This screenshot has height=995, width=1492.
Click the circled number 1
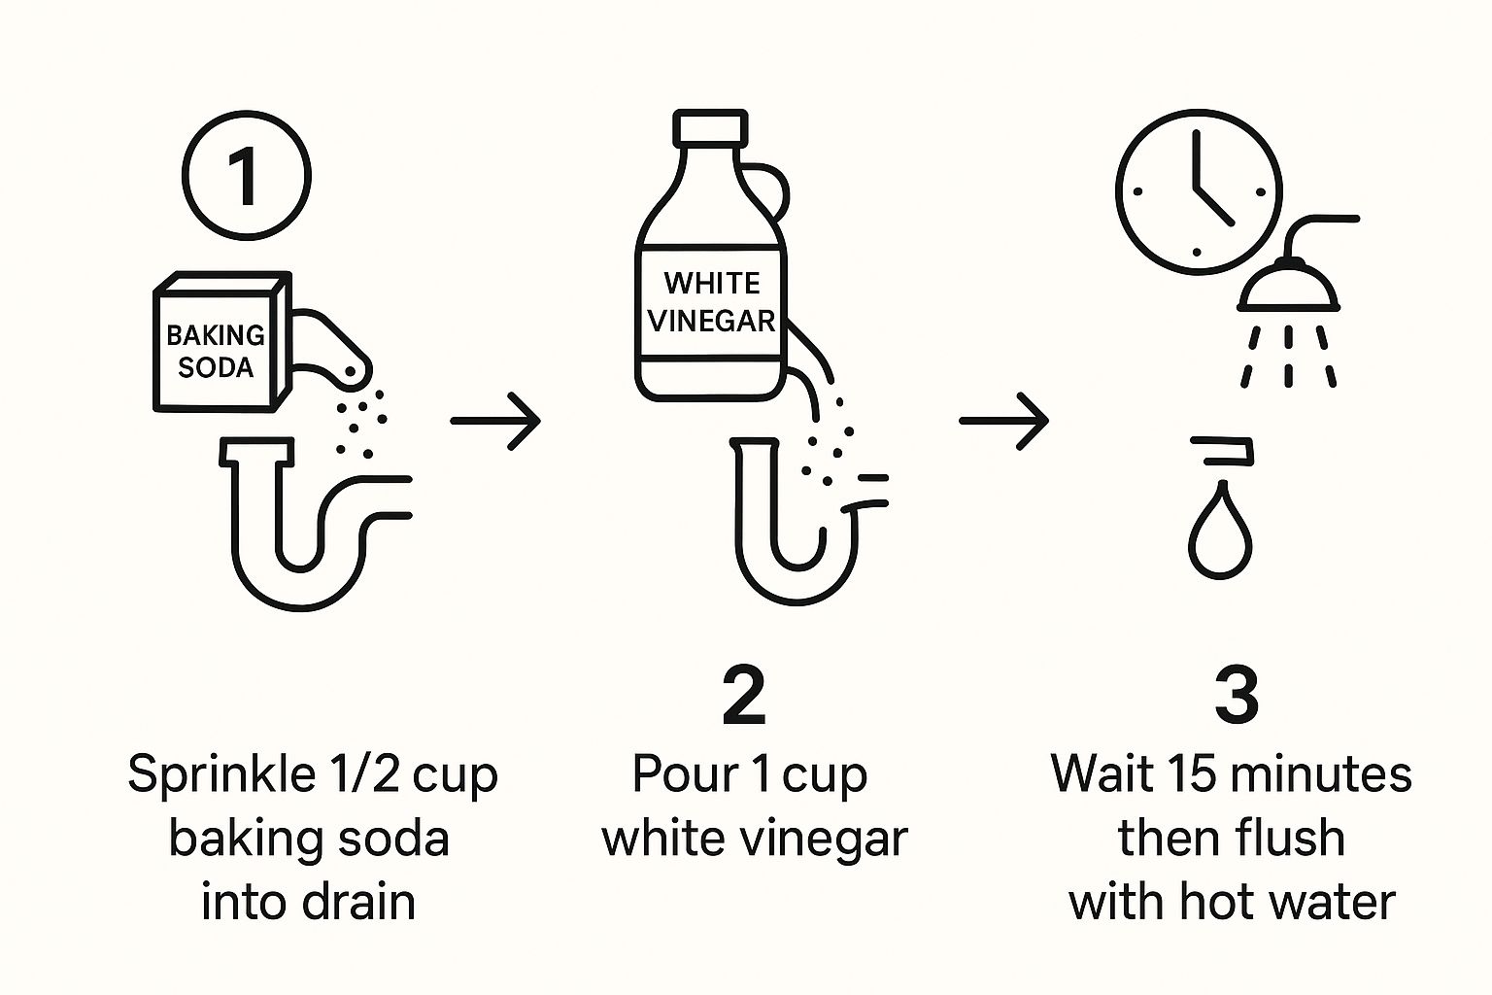[x=247, y=175]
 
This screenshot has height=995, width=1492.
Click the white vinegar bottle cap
[x=710, y=128]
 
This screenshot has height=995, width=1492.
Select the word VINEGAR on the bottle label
[x=711, y=322]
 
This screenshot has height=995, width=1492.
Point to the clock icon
[x=1199, y=192]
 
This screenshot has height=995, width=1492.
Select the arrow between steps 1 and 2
[x=495, y=421]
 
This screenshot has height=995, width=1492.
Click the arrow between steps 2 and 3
[x=1003, y=421]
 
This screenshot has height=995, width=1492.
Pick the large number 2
[x=744, y=697]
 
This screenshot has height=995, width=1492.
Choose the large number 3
[x=1237, y=697]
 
